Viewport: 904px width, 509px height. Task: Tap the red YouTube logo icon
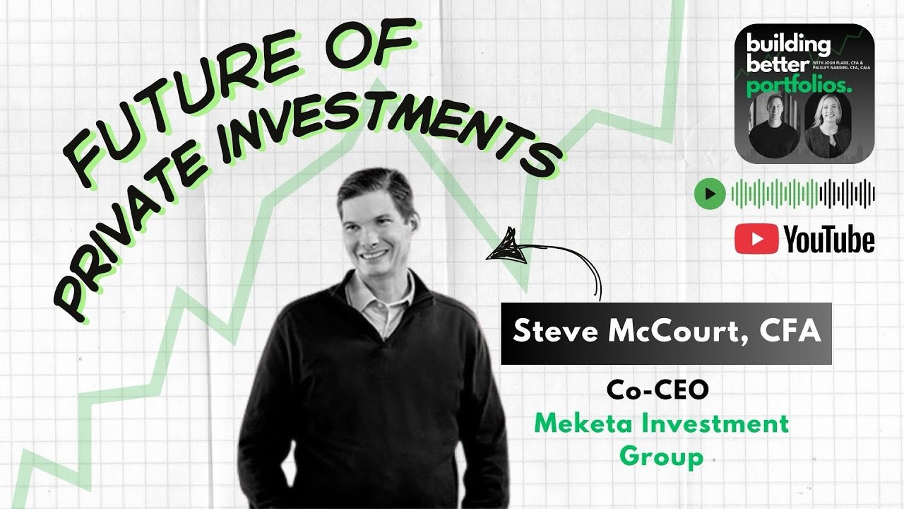click(x=756, y=240)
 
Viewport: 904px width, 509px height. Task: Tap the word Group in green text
click(x=661, y=457)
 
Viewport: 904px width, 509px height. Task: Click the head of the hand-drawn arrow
click(x=506, y=248)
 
